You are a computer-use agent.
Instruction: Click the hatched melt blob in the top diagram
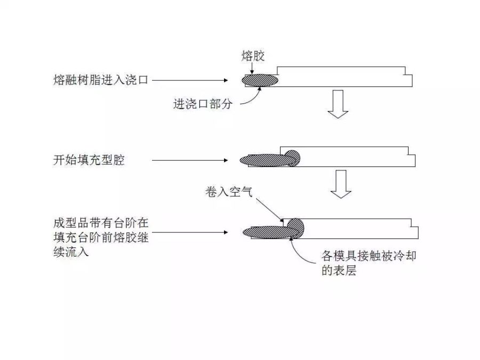(x=260, y=80)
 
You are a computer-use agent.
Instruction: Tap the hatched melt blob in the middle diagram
(x=269, y=159)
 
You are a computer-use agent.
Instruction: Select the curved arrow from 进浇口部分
(x=251, y=98)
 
